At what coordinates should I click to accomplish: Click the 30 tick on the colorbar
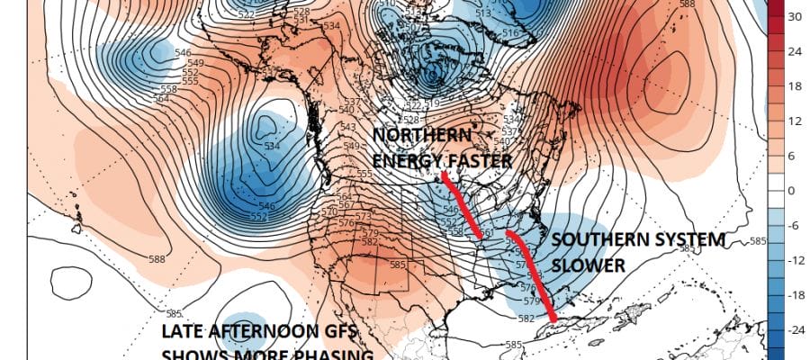pyautogui.click(x=796, y=16)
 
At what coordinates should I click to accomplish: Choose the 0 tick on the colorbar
pyautogui.click(x=795, y=191)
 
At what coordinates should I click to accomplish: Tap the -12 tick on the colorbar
pyautogui.click(x=796, y=260)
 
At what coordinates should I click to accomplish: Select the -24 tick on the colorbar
pyautogui.click(x=796, y=329)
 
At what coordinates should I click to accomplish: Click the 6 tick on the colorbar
pyautogui.click(x=795, y=156)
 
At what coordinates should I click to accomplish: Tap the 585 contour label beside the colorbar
pyautogui.click(x=757, y=241)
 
